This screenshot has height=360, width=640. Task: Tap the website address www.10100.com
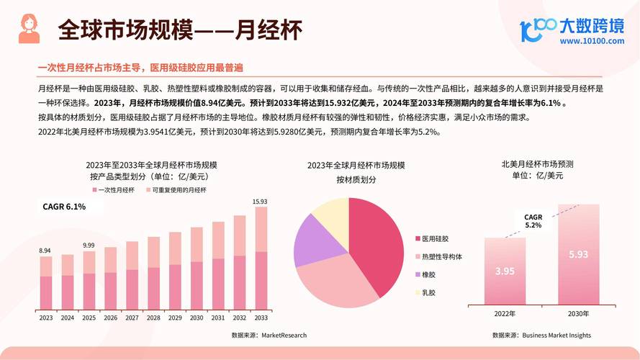tap(592, 41)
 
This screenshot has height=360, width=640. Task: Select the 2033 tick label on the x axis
tap(261, 318)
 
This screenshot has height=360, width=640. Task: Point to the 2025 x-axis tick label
tap(89, 318)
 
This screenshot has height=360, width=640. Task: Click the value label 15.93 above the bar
tap(261, 202)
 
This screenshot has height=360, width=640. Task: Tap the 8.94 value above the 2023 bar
tap(45, 251)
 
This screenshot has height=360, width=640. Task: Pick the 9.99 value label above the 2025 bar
tap(89, 246)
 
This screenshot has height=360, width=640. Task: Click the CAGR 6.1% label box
tap(65, 207)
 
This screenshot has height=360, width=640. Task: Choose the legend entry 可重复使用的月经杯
tap(179, 190)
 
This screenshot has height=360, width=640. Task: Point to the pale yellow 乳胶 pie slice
tap(332, 210)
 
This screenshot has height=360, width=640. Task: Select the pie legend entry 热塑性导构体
tap(441, 256)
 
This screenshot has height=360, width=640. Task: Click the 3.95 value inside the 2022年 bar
tap(505, 271)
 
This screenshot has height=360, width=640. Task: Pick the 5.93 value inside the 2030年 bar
tap(578, 255)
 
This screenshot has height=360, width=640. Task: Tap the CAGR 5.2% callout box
tap(533, 221)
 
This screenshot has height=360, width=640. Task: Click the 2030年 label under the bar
tap(577, 314)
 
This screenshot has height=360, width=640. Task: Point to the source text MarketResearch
tap(284, 335)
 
